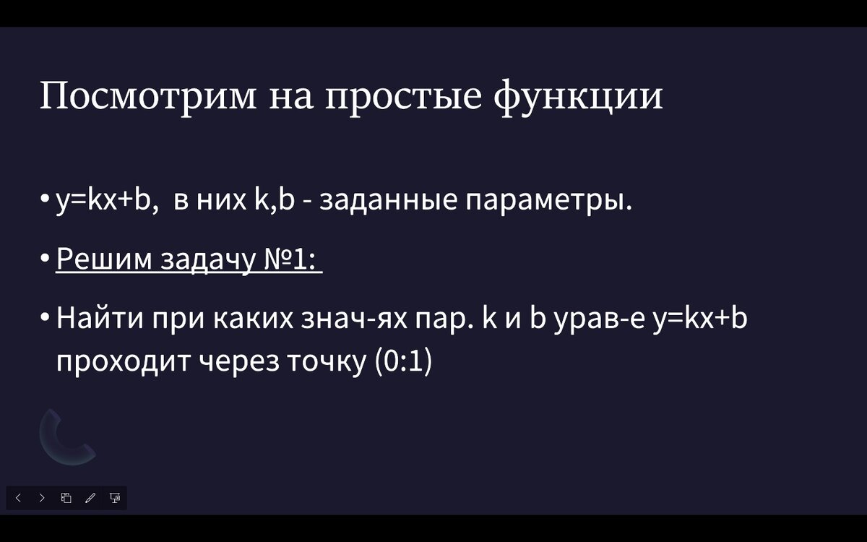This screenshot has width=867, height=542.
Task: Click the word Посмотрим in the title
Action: pyautogui.click(x=148, y=96)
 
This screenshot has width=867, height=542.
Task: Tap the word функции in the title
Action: pyautogui.click(x=578, y=96)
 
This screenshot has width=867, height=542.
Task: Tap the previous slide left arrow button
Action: pyautogui.click(x=18, y=498)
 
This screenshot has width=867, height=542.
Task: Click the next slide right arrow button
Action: pyautogui.click(x=42, y=498)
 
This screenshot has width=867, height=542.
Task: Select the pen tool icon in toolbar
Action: pyautogui.click(x=90, y=498)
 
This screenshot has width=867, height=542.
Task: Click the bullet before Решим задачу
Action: pyautogui.click(x=45, y=259)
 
